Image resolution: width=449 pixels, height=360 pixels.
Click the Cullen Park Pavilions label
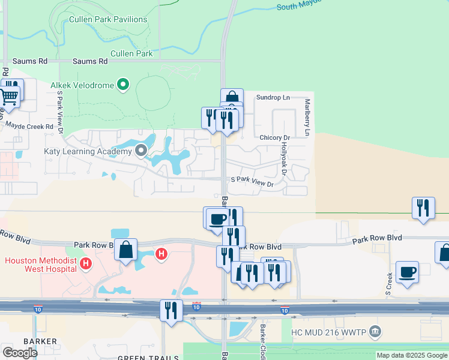coord(108,19)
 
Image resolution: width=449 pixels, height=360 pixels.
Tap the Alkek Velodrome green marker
coord(124,85)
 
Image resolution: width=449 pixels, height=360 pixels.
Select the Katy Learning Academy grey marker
coord(142,151)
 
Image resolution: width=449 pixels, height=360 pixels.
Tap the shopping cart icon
coord(8,95)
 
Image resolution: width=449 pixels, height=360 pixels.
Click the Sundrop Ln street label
coord(273,97)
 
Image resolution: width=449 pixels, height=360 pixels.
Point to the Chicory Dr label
coord(274,137)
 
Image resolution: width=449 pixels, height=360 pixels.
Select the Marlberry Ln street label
coord(307,118)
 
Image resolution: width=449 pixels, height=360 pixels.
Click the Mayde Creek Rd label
coord(29,126)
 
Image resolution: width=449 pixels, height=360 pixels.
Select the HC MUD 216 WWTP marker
coord(375,331)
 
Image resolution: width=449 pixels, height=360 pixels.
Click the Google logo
coord(20,352)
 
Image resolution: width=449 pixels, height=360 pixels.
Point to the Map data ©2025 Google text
coord(412,355)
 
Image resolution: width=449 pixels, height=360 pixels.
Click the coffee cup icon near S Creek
coord(408,272)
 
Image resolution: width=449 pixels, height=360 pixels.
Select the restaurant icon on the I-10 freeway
coord(171,310)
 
